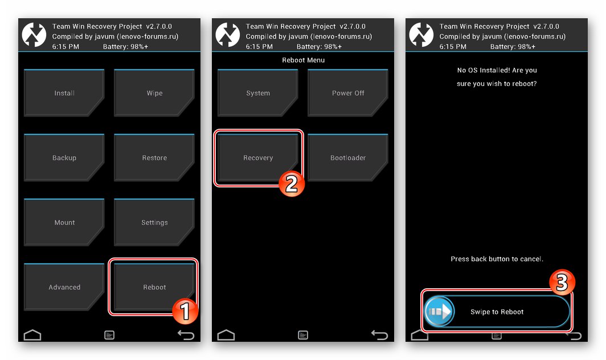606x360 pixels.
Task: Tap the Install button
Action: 64,93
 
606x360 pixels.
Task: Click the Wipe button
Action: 154,93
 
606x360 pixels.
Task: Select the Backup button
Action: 64,157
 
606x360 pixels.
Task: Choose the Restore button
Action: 154,157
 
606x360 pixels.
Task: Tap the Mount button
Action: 64,222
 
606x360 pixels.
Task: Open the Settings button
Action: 154,222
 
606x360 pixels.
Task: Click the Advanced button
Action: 64,287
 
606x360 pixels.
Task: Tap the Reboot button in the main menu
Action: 154,287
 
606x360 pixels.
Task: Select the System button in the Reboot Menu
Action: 258,93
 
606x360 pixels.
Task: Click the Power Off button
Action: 348,93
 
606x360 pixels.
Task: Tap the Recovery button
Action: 258,157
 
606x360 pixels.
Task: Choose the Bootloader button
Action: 348,157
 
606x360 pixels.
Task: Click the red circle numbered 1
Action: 185,311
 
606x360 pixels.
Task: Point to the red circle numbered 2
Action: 292,183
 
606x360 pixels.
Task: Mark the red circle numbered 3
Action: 562,283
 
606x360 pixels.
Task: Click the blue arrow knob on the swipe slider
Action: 440,311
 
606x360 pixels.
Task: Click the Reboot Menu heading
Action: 304,60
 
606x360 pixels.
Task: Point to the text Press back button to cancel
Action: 497,259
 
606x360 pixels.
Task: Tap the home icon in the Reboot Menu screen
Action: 226,335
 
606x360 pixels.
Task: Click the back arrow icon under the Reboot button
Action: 186,335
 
